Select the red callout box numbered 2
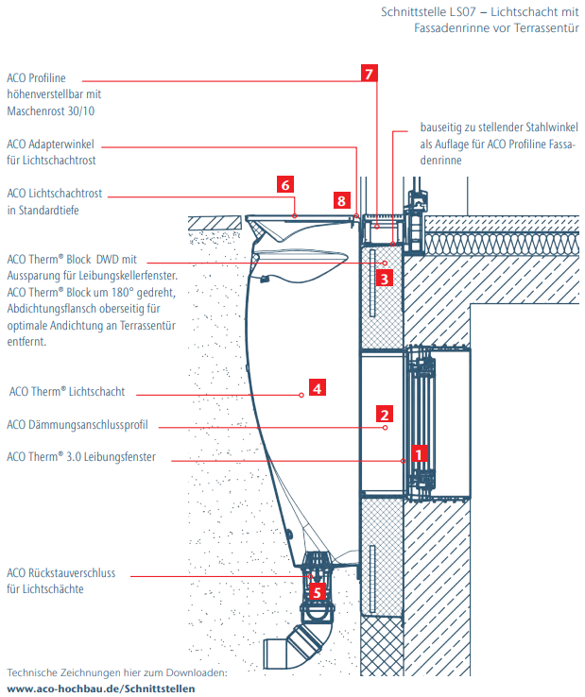coord(384,414)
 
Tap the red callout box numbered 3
coord(383,279)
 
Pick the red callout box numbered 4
coord(318,387)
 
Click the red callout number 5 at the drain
coord(318,592)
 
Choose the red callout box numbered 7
coord(370,73)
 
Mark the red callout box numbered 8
coord(342,200)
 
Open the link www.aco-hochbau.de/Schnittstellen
coord(102,688)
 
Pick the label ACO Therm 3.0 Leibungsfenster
coord(80,457)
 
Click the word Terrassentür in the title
coord(542,28)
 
